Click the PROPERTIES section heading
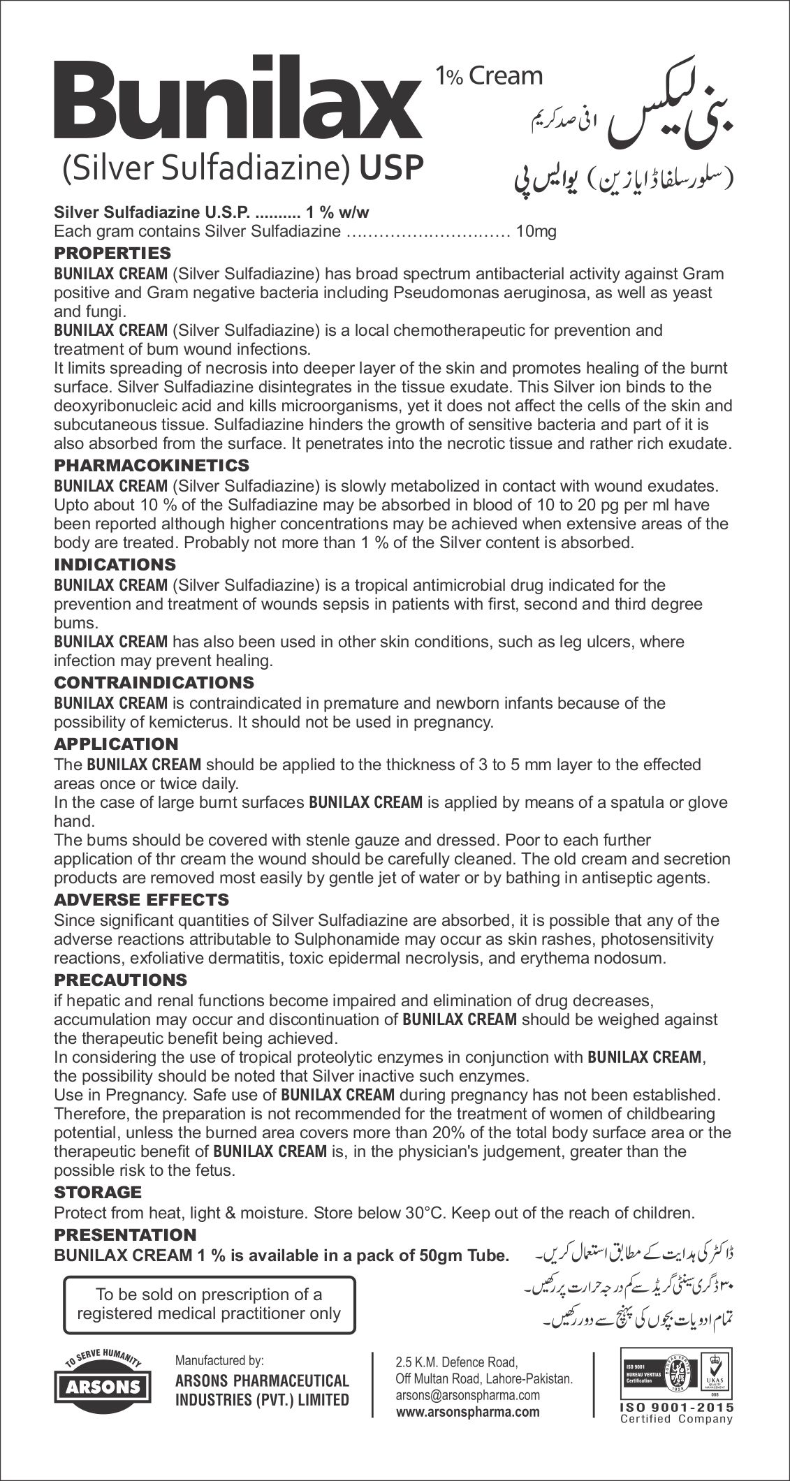tap(112, 252)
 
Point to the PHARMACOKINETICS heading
tap(152, 465)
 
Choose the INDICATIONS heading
tap(115, 564)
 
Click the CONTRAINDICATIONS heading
tap(154, 682)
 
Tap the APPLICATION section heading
tap(117, 744)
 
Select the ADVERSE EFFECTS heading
tap(142, 900)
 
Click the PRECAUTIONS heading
tap(121, 980)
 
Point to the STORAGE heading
tap(98, 1193)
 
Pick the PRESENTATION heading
tap(126, 1235)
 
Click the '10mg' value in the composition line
tap(536, 232)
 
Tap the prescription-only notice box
tap(209, 1304)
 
